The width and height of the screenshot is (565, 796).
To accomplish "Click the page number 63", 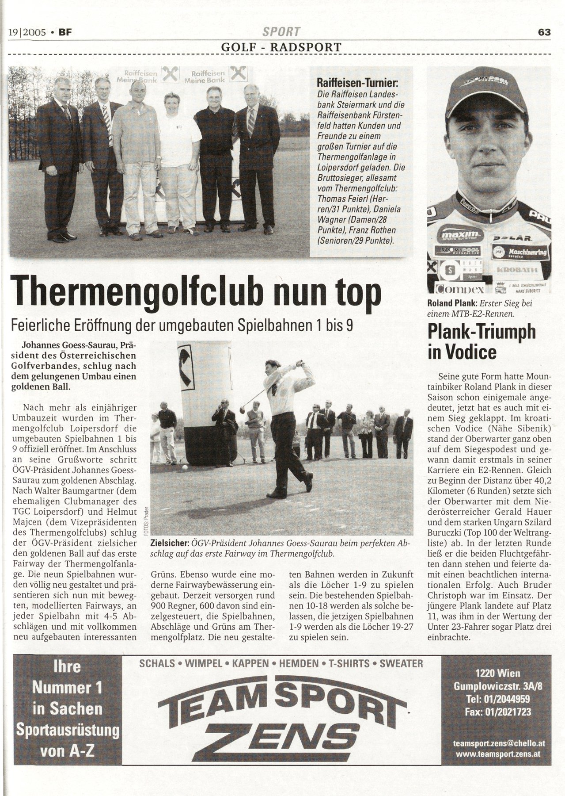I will [544, 32].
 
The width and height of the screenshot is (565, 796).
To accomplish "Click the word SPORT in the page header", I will [281, 32].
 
